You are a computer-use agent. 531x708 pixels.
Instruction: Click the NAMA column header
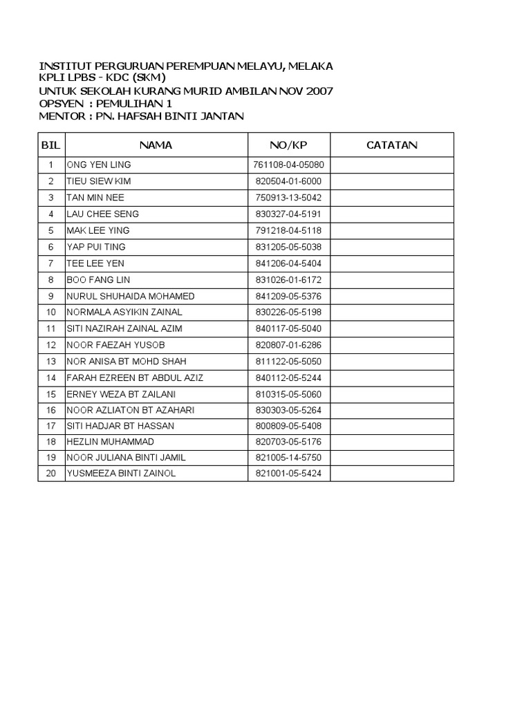[x=156, y=145]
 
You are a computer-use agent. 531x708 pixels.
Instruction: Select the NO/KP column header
[x=288, y=145]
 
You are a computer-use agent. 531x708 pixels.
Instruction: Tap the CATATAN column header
[x=391, y=145]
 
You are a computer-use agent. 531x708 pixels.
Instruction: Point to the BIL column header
[x=50, y=145]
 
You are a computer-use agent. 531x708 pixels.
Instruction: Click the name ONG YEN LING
[x=98, y=165]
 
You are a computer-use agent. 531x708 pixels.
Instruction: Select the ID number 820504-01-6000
[x=288, y=181]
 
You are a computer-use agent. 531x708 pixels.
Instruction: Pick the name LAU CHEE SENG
[x=102, y=214]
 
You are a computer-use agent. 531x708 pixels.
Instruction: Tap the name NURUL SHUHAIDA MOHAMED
[x=130, y=296]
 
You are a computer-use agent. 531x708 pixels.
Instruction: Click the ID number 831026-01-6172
[x=288, y=280]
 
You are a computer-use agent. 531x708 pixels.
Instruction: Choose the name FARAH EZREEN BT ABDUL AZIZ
[x=134, y=378]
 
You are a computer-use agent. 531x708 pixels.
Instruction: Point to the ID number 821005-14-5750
[x=288, y=458]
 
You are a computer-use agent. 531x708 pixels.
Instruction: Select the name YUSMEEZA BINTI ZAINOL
[x=120, y=474]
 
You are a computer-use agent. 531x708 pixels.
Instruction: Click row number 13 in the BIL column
[x=50, y=362]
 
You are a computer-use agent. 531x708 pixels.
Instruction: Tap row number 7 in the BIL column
[x=50, y=263]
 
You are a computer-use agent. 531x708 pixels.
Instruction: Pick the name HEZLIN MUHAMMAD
[x=110, y=441]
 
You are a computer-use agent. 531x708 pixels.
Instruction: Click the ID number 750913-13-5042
[x=288, y=198]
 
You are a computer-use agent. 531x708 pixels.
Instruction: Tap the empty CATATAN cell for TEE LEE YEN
[x=391, y=263]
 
